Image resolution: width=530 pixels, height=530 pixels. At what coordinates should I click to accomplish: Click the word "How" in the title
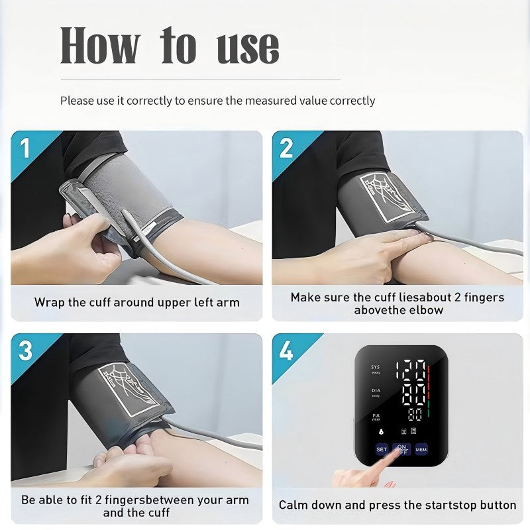(x=100, y=46)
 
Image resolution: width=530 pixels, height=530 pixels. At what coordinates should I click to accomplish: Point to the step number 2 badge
(x=286, y=148)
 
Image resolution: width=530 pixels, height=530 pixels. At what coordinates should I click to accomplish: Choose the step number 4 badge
(x=286, y=350)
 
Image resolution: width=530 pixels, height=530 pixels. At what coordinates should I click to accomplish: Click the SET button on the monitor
(x=382, y=449)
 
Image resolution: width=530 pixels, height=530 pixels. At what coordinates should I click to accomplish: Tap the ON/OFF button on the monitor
(x=401, y=449)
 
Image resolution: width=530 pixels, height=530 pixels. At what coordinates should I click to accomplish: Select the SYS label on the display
(x=376, y=368)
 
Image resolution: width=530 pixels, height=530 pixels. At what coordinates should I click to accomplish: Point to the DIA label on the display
(x=376, y=392)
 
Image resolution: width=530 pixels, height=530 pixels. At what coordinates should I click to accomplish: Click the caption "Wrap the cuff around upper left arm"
(x=136, y=303)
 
